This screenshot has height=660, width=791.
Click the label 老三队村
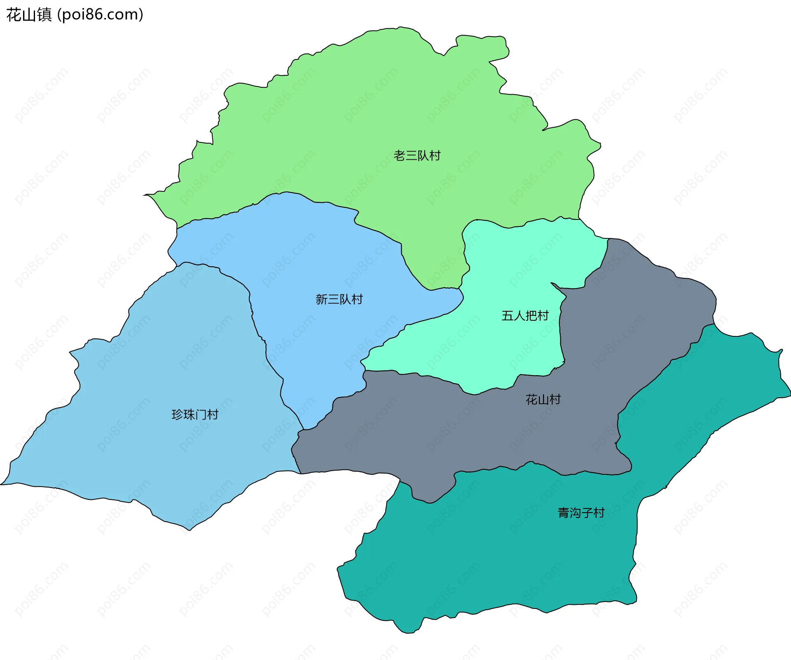coord(417,156)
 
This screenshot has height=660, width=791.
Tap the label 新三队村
coord(339,299)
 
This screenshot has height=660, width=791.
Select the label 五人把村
coord(525,316)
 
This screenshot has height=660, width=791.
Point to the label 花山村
coord(543,399)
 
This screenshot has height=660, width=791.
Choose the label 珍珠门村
coord(195,415)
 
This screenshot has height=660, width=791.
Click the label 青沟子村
coord(581,513)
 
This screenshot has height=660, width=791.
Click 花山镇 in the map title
coord(29,15)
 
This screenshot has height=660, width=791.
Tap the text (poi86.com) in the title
coord(100,15)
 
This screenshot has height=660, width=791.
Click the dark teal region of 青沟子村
coord(494,556)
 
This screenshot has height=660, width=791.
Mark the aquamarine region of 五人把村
coord(515,264)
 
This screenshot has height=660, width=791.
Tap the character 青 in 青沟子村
coord(564,513)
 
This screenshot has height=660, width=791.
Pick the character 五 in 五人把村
coord(507,316)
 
